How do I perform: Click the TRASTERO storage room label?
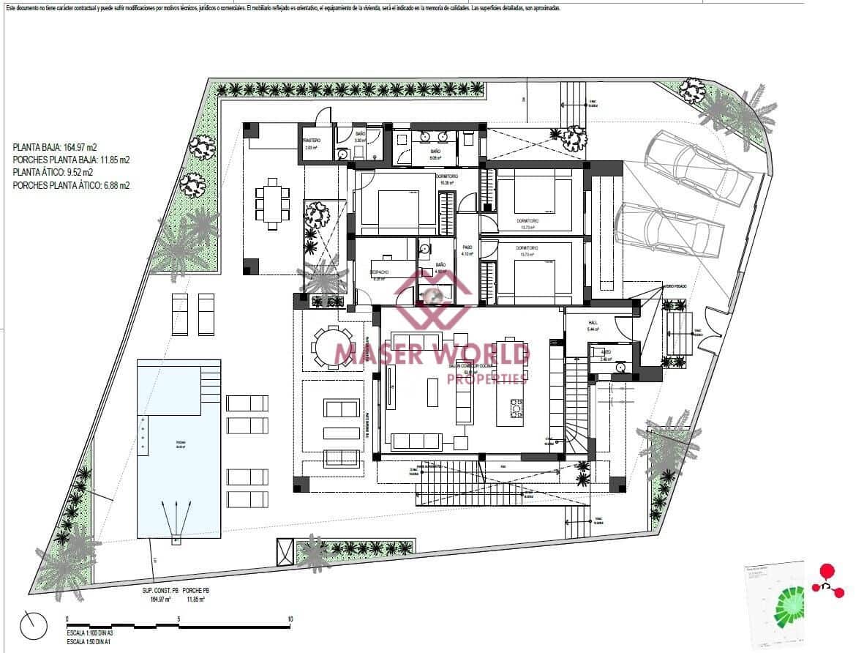[x=312, y=139]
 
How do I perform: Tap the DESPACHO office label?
[x=380, y=272]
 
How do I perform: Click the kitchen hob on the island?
[x=517, y=406]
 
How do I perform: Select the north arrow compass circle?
[x=34, y=624]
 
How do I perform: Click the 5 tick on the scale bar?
[x=179, y=619]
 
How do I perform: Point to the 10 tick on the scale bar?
[x=290, y=619]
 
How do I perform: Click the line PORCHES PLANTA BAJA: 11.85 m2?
[x=71, y=160]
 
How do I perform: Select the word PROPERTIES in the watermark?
[x=487, y=378]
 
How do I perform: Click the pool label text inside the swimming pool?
[x=180, y=444]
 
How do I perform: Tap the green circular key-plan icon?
[x=789, y=602]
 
